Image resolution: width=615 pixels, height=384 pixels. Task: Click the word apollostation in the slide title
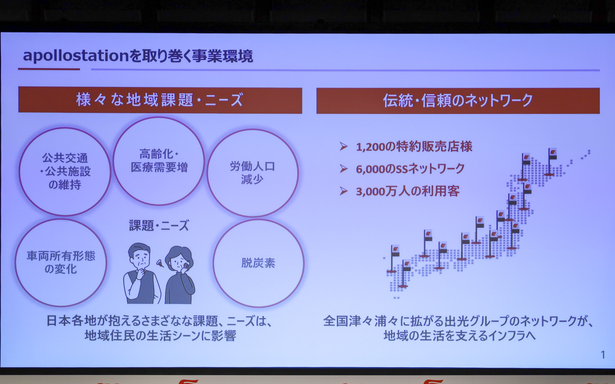[76, 56]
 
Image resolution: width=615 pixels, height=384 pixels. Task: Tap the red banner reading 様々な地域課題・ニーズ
[160, 100]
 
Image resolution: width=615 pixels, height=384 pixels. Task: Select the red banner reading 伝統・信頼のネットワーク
[458, 100]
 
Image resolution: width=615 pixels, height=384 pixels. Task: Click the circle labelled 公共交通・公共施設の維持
[65, 172]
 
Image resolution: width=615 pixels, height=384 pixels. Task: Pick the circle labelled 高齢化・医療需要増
[159, 161]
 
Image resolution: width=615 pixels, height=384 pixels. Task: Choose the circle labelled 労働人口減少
[252, 173]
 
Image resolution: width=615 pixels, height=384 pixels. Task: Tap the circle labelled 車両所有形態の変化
[61, 262]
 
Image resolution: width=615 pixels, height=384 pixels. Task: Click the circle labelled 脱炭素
[258, 263]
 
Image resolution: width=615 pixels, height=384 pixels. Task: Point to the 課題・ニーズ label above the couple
[159, 226]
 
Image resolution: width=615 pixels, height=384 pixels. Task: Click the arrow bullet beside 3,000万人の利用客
[344, 191]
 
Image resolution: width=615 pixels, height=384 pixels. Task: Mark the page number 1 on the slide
[603, 355]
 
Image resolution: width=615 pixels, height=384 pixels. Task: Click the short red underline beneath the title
[49, 69]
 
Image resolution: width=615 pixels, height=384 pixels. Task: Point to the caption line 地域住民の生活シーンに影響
[160, 336]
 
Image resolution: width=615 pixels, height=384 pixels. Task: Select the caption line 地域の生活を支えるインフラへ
[459, 336]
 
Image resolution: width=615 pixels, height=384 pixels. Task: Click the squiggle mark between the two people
[159, 263]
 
